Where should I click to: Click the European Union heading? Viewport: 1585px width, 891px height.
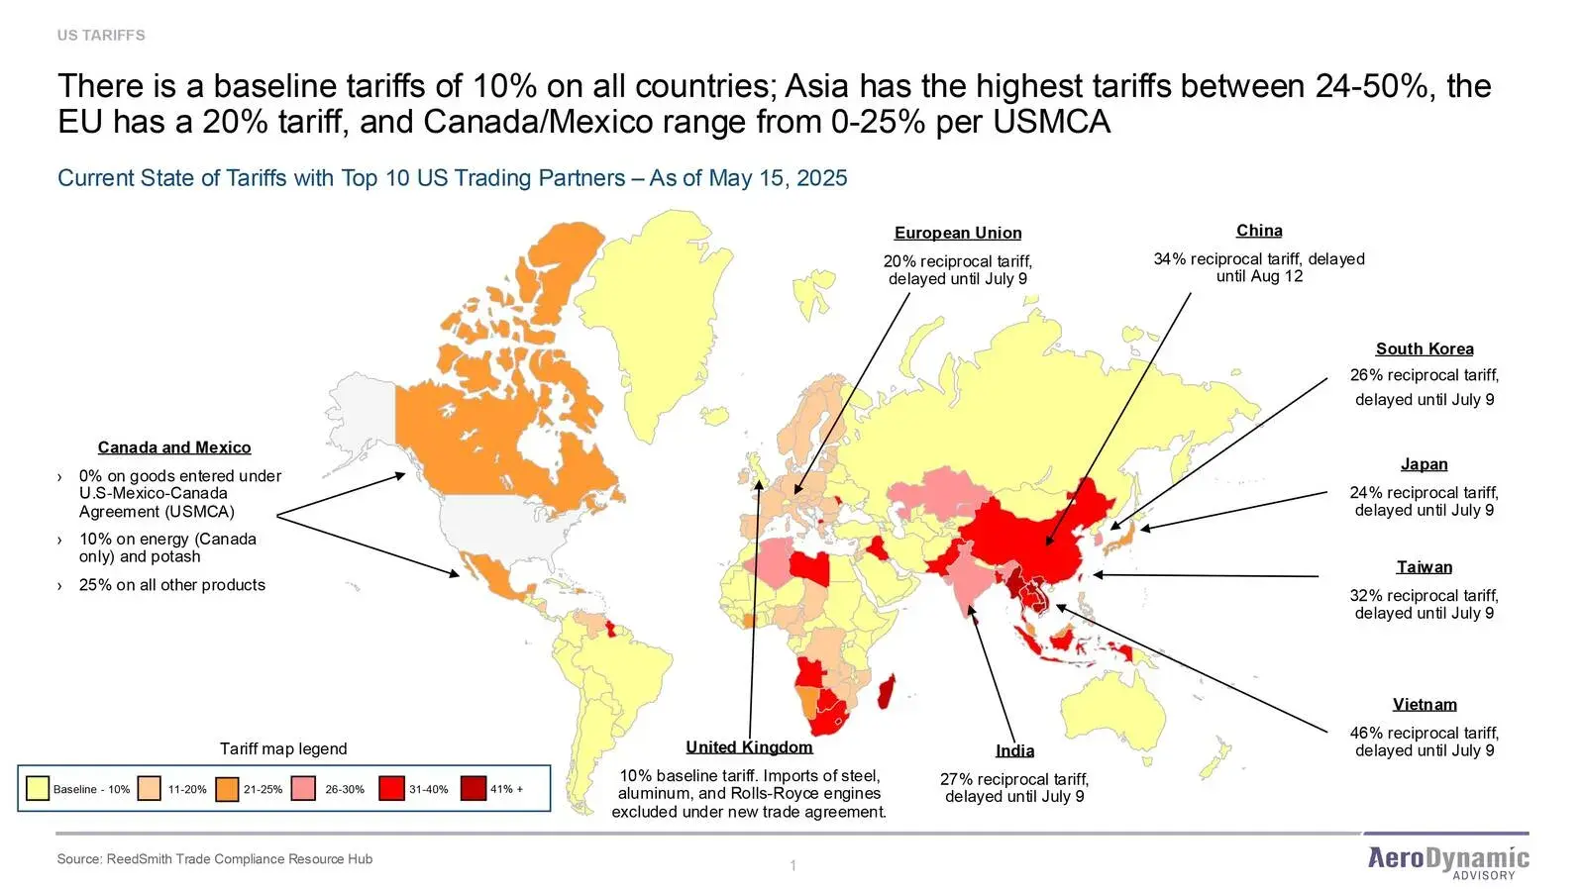tap(957, 233)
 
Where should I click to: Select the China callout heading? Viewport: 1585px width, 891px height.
tap(1258, 231)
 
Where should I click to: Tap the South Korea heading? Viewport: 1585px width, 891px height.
tap(1424, 348)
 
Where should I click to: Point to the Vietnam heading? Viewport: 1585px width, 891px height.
tap(1424, 704)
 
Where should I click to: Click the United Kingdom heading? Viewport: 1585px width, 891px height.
tap(749, 747)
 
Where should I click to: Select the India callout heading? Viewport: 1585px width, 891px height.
tap(1014, 750)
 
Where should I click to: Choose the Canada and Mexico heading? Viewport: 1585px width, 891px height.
tap(174, 447)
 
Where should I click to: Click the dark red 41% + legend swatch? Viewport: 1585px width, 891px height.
tap(474, 788)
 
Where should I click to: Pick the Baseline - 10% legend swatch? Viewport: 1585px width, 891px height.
tap(38, 788)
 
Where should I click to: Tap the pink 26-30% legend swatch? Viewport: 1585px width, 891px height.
tap(304, 788)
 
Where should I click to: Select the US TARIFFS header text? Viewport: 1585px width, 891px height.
tap(101, 35)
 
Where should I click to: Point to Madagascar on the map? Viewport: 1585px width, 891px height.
tap(888, 693)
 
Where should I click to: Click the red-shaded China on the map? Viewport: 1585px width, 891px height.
tap(1040, 535)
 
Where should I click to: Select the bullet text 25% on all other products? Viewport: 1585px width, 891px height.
tap(172, 585)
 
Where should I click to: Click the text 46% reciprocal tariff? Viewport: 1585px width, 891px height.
tap(1424, 733)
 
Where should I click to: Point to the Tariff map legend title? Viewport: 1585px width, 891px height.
tap(283, 748)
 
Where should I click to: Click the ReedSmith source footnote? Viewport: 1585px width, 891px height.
tap(215, 858)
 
